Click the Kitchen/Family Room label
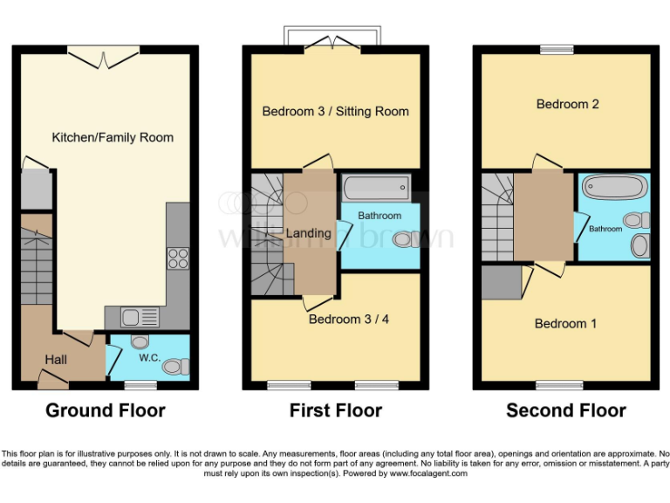click(x=113, y=137)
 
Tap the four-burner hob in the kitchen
click(x=178, y=258)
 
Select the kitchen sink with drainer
click(x=140, y=317)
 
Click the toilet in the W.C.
click(x=176, y=367)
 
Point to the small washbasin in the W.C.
click(x=140, y=341)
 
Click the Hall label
click(x=56, y=360)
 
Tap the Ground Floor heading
click(x=105, y=410)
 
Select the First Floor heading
click(x=335, y=410)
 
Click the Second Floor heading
click(x=565, y=410)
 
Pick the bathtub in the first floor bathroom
click(x=376, y=188)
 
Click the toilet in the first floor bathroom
click(x=406, y=239)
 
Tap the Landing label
click(x=309, y=233)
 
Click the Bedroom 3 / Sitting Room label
click(x=335, y=111)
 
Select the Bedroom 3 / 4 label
click(x=349, y=319)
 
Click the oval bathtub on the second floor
click(x=615, y=187)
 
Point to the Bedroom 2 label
click(x=567, y=104)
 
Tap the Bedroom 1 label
click(x=565, y=323)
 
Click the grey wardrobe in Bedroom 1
click(x=502, y=282)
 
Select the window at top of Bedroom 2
click(x=557, y=50)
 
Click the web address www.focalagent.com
click(x=428, y=473)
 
